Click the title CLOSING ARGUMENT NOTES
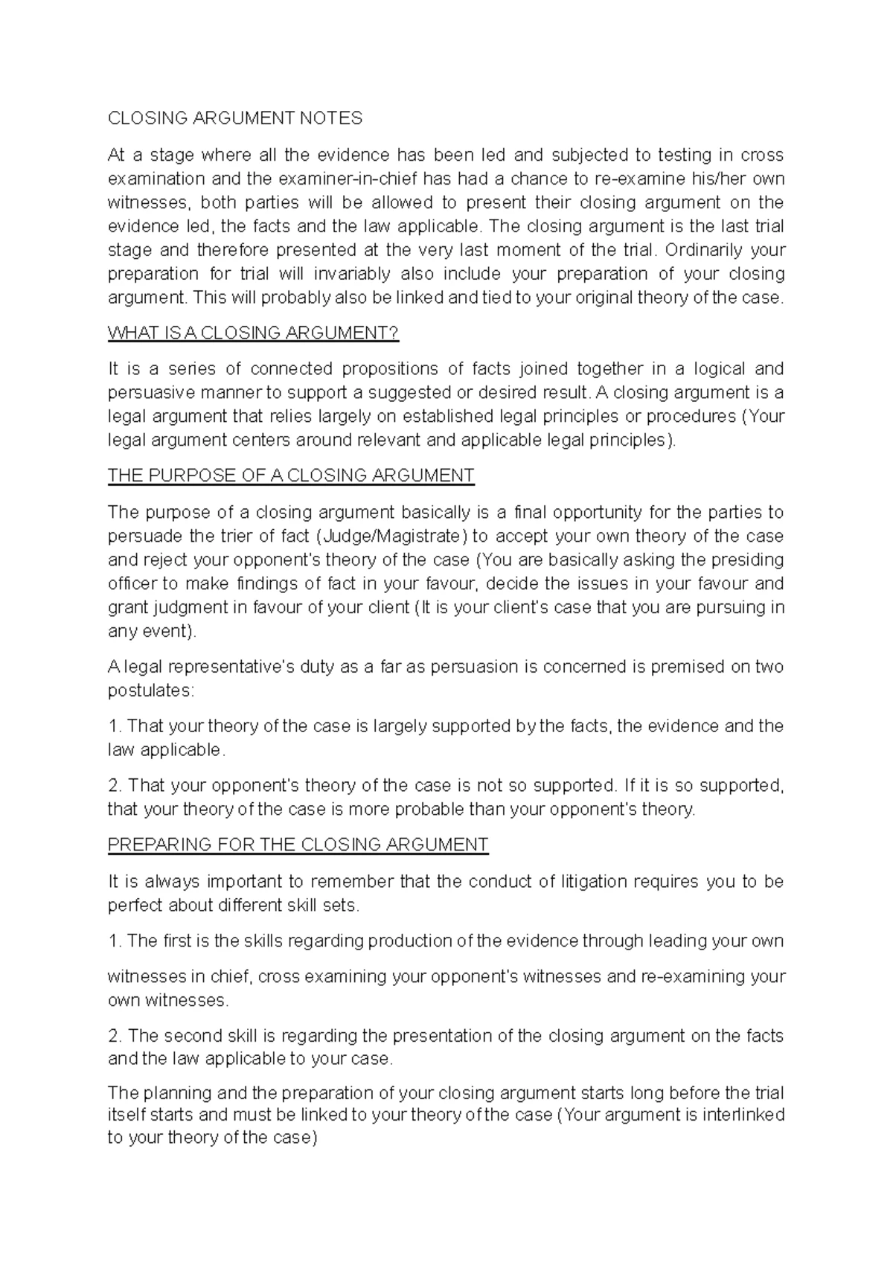(235, 118)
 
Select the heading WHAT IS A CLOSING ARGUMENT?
(253, 333)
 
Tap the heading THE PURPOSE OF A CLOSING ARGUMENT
(291, 475)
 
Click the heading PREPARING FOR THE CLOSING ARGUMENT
(298, 845)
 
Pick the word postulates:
(151, 691)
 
